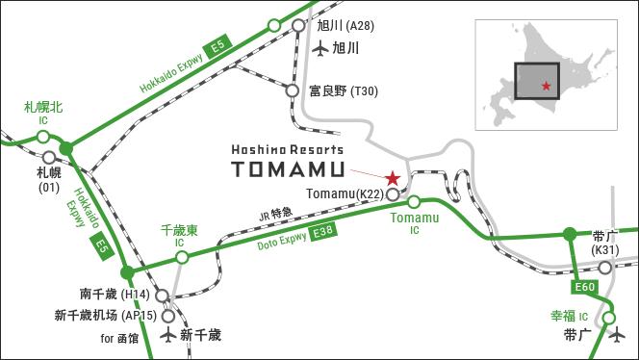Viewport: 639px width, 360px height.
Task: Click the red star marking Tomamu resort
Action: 393,178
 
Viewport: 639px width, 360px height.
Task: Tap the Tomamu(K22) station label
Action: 345,194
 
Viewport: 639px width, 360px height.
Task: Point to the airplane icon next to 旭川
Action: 321,46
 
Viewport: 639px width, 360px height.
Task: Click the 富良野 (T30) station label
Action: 344,91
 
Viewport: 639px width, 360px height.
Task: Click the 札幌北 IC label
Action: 43,112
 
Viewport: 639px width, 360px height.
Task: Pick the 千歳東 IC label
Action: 179,236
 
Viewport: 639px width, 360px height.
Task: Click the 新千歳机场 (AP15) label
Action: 106,315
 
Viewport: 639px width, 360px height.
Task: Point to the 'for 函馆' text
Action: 119,338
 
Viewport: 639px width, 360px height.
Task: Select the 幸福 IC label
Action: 569,316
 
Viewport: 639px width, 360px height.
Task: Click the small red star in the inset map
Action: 547,87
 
